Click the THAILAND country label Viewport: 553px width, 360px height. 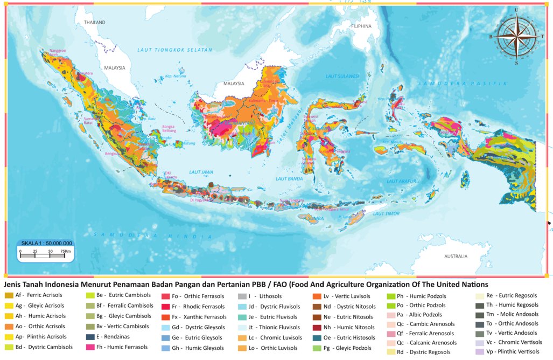pos(94,23)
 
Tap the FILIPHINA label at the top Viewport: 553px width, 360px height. pos(361,26)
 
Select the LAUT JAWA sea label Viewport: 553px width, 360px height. pos(201,172)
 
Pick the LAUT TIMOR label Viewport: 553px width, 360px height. pos(386,213)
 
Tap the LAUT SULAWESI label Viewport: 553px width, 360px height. pos(340,77)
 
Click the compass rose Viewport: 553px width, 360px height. pos(516,36)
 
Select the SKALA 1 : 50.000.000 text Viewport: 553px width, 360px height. pos(46,243)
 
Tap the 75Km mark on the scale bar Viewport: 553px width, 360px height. pos(66,251)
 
